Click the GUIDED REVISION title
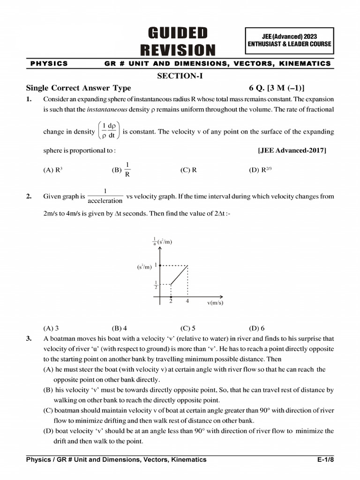tap(178, 41)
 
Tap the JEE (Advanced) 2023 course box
tap(289, 40)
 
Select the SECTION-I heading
tap(180, 76)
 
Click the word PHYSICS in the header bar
tap(49, 63)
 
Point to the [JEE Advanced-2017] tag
tap(292, 150)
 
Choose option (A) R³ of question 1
tap(52, 170)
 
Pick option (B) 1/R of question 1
tap(121, 170)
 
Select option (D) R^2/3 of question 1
tap(260, 170)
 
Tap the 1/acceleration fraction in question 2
tap(105, 196)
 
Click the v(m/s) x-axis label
tap(215, 303)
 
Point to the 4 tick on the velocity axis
tap(187, 301)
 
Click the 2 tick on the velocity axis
tap(171, 301)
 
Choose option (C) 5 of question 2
tap(187, 328)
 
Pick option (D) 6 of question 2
tap(256, 328)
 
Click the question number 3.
tap(29, 338)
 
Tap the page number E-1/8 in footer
tap(325, 459)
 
